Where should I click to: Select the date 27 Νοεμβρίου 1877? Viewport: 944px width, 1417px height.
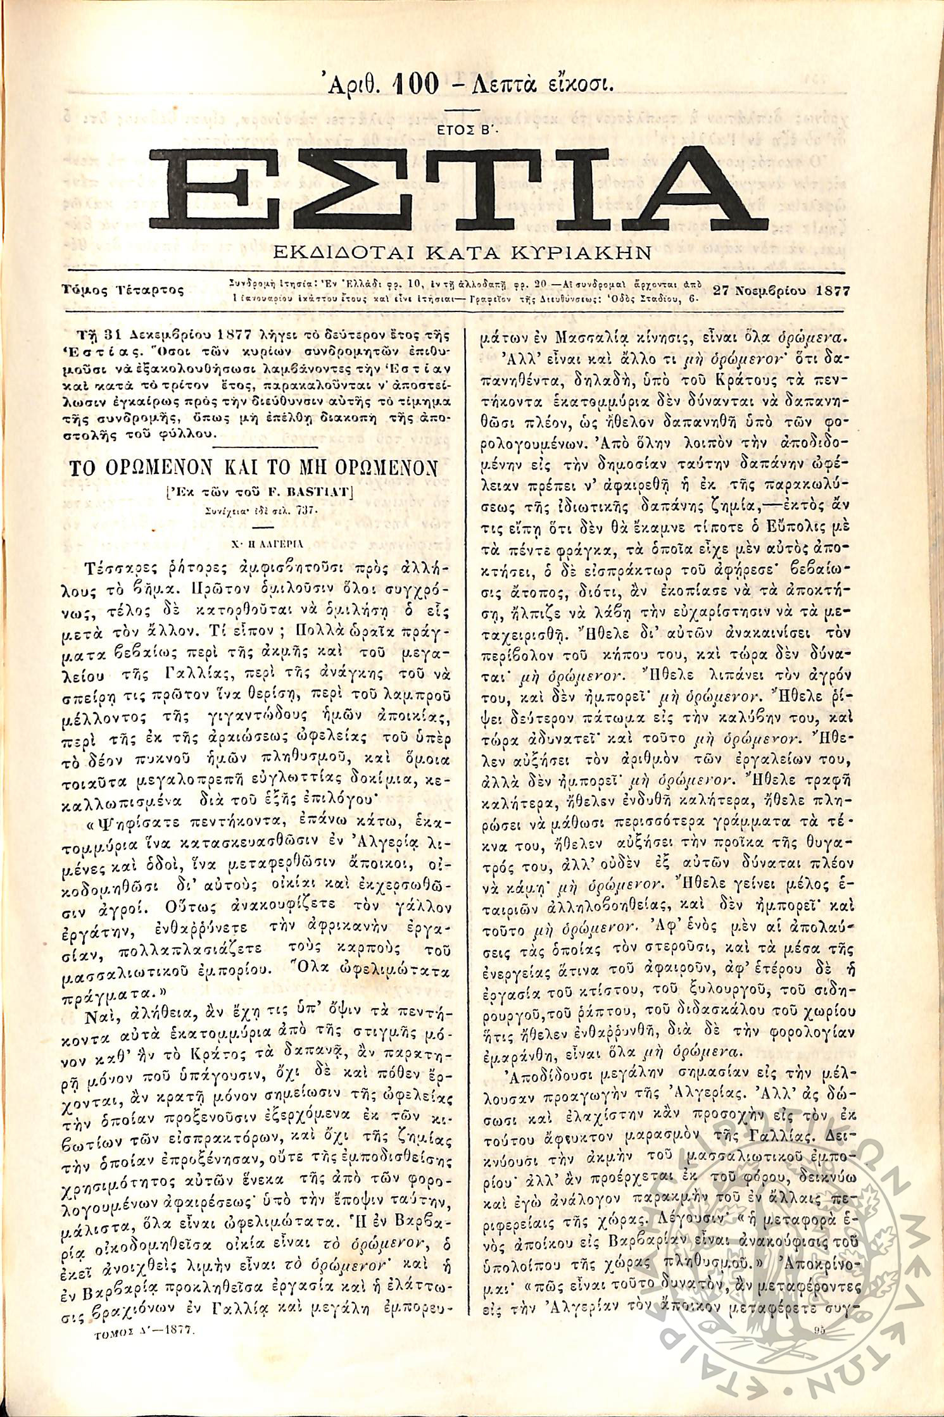[x=781, y=290]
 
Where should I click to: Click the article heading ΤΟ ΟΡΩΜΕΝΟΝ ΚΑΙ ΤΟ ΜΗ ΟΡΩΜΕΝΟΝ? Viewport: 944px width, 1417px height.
[x=253, y=468]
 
